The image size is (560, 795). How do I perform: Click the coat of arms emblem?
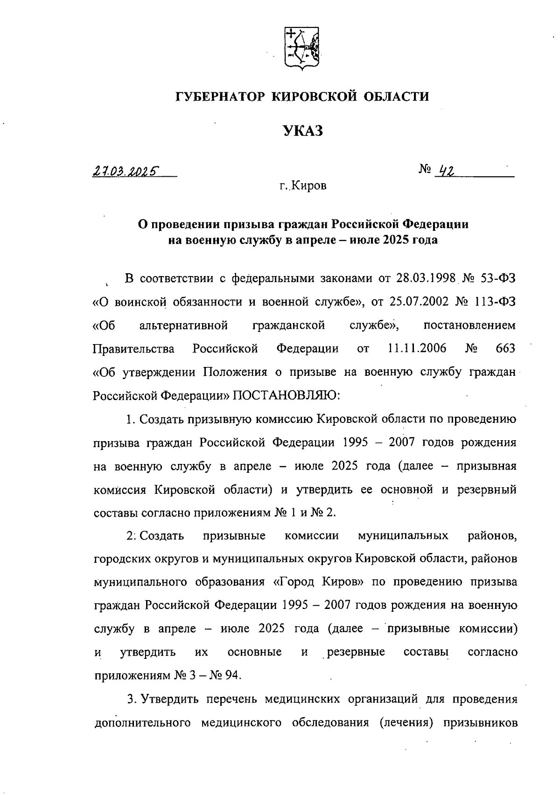302,49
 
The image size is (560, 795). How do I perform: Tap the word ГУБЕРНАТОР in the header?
220,97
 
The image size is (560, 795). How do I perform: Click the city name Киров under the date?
309,186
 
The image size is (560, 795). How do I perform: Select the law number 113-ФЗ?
496,302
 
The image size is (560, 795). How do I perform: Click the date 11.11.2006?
417,348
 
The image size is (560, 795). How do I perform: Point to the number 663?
506,348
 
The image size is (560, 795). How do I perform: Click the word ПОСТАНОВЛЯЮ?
287,395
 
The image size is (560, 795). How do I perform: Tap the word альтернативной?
184,325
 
